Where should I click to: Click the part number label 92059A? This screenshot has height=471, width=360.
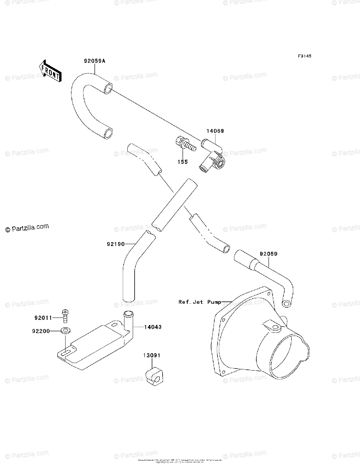click(95, 61)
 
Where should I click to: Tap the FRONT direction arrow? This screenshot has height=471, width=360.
click(49, 71)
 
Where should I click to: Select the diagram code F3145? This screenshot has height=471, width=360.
click(304, 57)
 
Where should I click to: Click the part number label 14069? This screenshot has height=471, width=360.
click(216, 131)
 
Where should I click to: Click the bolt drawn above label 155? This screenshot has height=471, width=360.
click(185, 144)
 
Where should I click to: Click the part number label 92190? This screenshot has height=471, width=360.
click(115, 244)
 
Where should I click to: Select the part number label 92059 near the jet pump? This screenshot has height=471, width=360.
click(268, 254)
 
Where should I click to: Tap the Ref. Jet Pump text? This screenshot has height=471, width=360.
click(199, 302)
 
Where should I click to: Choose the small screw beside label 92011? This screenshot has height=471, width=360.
click(65, 315)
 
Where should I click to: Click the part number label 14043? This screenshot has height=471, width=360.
click(152, 327)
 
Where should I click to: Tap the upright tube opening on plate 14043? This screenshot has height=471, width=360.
click(128, 313)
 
